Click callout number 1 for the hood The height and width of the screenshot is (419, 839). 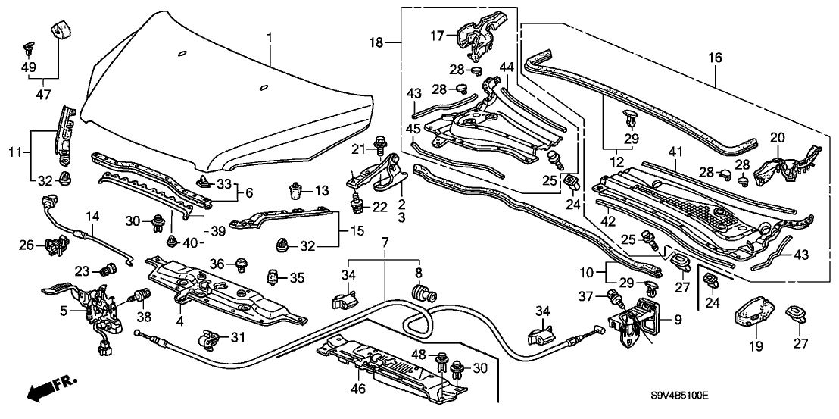point(267,37)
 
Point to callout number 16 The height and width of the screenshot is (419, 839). point(716,58)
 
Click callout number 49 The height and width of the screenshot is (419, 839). point(29,67)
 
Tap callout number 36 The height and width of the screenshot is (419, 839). point(219,263)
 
